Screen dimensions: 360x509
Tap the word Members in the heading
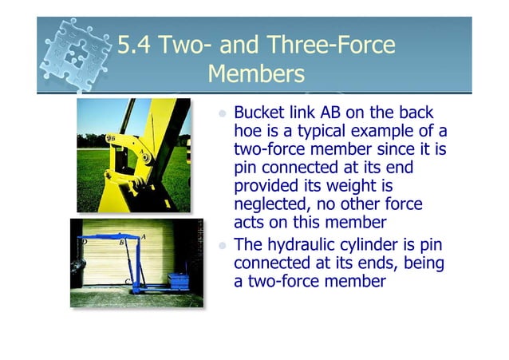pos(255,75)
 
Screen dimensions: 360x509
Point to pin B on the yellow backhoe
pos(113,138)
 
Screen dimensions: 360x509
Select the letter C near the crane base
pos(128,281)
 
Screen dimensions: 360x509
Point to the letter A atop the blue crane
pos(143,237)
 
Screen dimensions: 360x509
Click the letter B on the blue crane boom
pos(120,242)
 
